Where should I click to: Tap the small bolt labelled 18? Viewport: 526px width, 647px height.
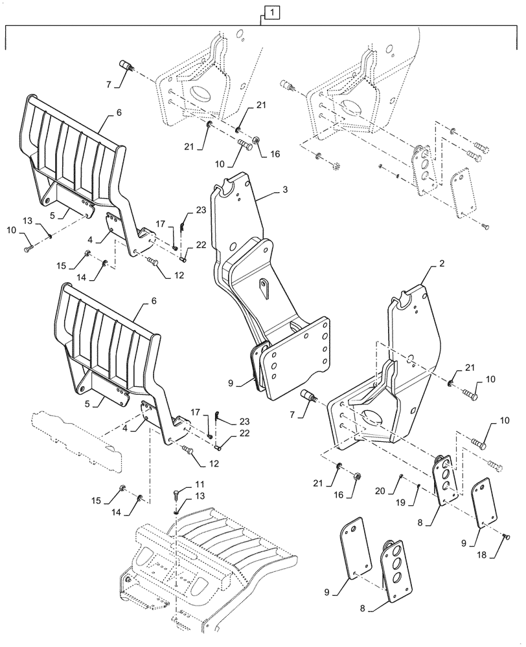[x=507, y=536]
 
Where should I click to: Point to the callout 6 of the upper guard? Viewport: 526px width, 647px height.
[x=118, y=113]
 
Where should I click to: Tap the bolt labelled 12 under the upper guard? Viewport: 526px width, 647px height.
[x=154, y=261]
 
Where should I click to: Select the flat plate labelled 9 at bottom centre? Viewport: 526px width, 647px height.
[x=356, y=548]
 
